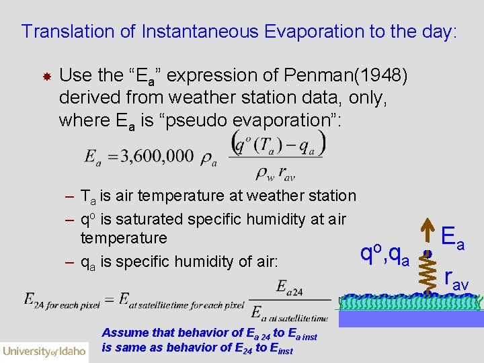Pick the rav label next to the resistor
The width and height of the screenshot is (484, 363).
[x=457, y=278]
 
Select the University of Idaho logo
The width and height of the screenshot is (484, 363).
[x=44, y=350]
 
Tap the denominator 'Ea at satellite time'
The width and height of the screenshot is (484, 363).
[x=289, y=312]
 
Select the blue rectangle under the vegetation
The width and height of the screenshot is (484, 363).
[x=410, y=318]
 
